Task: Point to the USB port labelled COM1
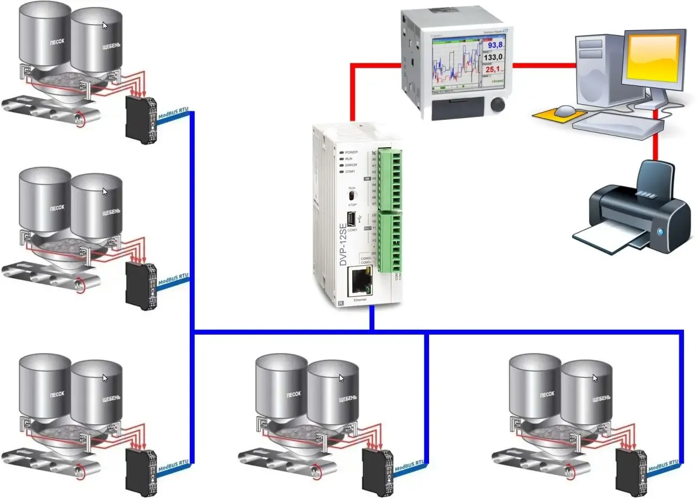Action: tap(351, 219)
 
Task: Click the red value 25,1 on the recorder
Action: tap(493, 69)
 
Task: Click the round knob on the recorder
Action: tap(498, 104)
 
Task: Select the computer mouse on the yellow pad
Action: tap(565, 111)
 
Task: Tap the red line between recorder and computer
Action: tap(543, 66)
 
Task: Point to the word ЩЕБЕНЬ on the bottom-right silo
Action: tap(601, 399)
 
